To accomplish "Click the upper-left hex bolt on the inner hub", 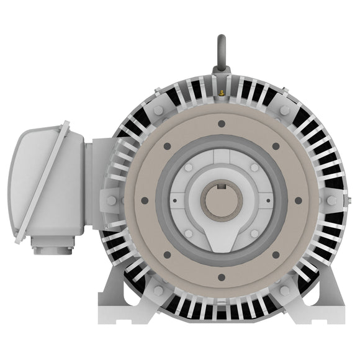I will [x=189, y=168].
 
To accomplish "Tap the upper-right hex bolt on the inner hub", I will [x=254, y=168].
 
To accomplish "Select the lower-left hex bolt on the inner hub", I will [x=189, y=233].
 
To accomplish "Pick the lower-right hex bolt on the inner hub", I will [x=254, y=233].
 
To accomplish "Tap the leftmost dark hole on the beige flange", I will [x=144, y=200].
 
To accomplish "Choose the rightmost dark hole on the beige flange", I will [x=299, y=200].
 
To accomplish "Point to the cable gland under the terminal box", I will [x=53, y=250].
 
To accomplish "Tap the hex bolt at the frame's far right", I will [x=332, y=200].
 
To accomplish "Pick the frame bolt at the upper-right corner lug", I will [x=285, y=110].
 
